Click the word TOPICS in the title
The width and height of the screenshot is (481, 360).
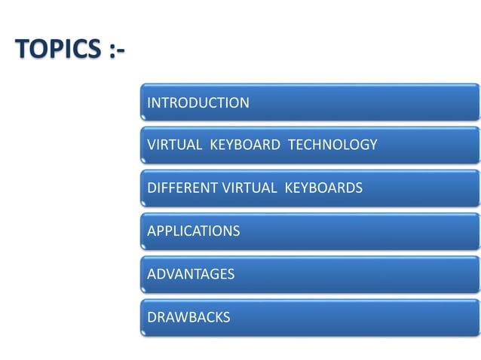coord(57,50)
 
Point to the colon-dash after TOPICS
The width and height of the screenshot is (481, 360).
coord(113,51)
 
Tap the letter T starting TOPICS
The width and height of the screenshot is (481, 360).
coord(21,50)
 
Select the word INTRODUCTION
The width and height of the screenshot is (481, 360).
coord(198,103)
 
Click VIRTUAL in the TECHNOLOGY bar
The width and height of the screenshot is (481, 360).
coord(174,145)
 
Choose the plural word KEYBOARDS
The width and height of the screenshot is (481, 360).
coord(323,188)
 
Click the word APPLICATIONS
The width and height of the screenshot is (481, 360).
coord(193,231)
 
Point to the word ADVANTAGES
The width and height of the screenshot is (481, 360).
coord(191,274)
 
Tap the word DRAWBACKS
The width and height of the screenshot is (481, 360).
coord(188,317)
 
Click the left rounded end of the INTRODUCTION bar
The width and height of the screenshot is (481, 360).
coord(142,103)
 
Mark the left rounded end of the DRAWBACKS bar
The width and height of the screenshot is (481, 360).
coord(142,317)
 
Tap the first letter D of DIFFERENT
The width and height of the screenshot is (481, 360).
coord(152,188)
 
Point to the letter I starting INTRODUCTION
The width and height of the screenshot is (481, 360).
coord(149,103)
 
